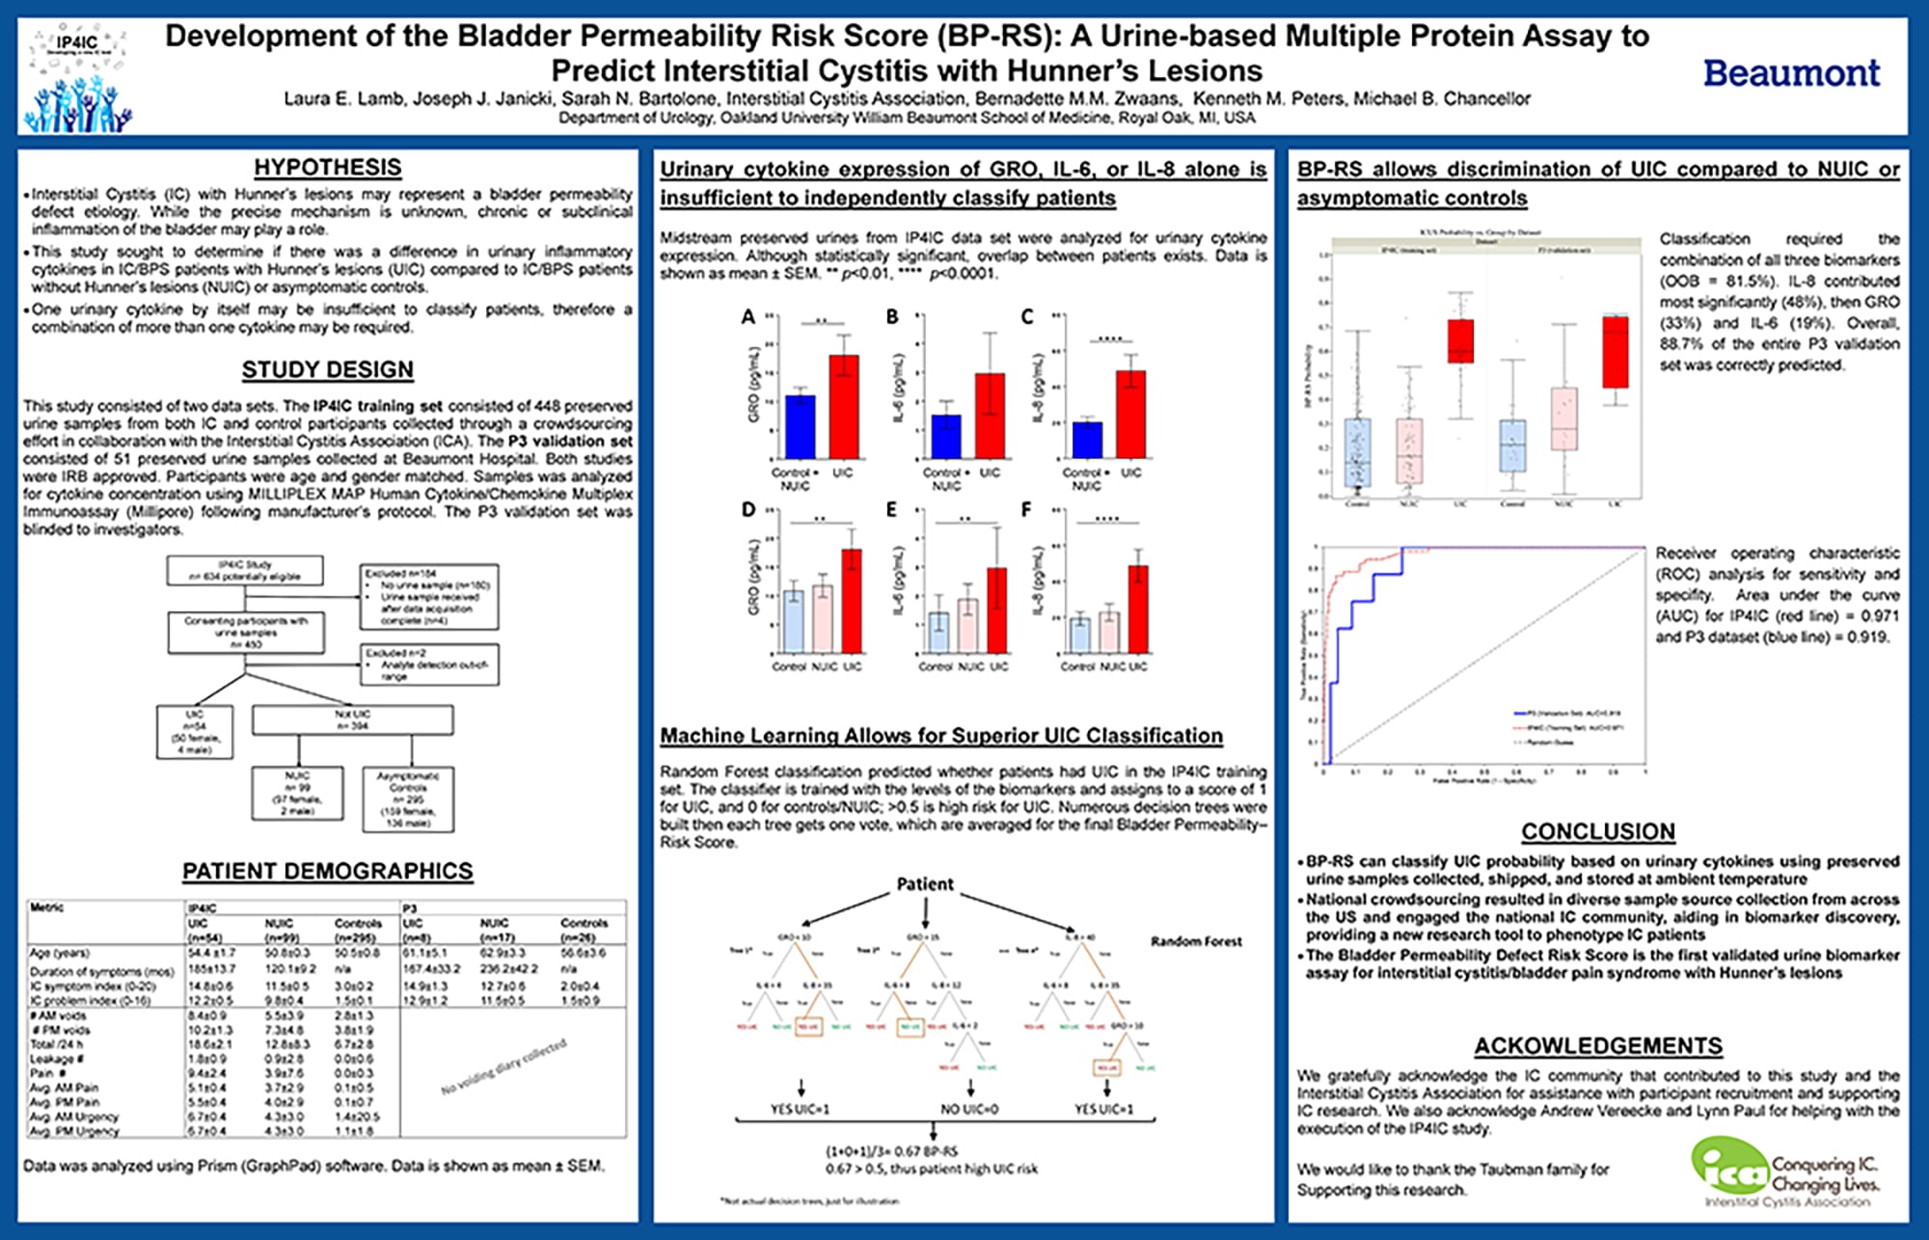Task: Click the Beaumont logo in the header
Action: pyautogui.click(x=1791, y=73)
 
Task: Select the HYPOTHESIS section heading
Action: pyautogui.click(x=328, y=167)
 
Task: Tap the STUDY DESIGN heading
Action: pyautogui.click(x=328, y=369)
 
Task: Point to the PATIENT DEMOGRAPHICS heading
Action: pyautogui.click(x=328, y=871)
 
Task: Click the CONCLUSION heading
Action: pyautogui.click(x=1598, y=831)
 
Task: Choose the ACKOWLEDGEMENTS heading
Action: pyautogui.click(x=1598, y=1046)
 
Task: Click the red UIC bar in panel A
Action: pyautogui.click(x=844, y=406)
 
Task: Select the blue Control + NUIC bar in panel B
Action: pyautogui.click(x=945, y=436)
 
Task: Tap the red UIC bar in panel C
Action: pyautogui.click(x=1130, y=414)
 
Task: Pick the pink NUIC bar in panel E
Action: pyautogui.click(x=967, y=626)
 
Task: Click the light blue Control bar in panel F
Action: pyautogui.click(x=1080, y=635)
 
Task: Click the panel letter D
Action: pyautogui.click(x=748, y=509)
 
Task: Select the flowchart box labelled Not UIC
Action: pyautogui.click(x=353, y=719)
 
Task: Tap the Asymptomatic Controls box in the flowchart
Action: pyautogui.click(x=408, y=798)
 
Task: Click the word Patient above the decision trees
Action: pyautogui.click(x=925, y=884)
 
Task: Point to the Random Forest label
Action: pyautogui.click(x=1196, y=941)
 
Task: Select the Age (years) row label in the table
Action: pyautogui.click(x=60, y=953)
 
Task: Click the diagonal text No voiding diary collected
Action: pyautogui.click(x=504, y=1066)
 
